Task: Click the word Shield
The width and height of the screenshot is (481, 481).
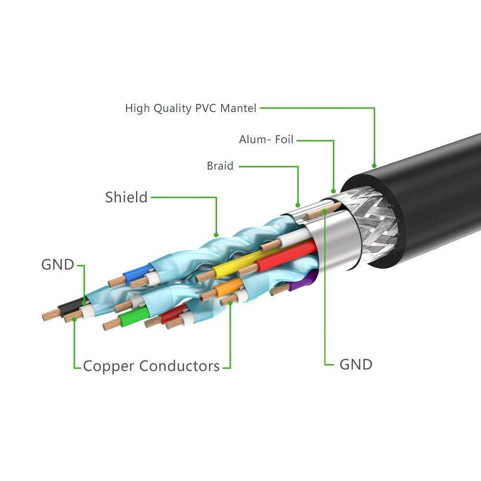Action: (x=126, y=197)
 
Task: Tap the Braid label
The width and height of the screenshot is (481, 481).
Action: (x=220, y=166)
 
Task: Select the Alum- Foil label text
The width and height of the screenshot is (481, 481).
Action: (x=266, y=140)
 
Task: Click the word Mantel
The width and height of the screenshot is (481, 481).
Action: (x=239, y=108)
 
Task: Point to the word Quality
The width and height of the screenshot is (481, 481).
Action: (x=173, y=108)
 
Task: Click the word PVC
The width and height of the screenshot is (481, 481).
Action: (x=206, y=108)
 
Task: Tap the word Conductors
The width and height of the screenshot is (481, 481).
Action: (x=180, y=366)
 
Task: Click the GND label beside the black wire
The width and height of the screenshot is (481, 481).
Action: (x=58, y=265)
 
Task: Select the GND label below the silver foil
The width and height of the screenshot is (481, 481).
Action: (x=356, y=364)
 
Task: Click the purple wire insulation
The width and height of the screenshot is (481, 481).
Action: (x=310, y=278)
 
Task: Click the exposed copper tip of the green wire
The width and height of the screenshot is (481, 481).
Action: (x=110, y=324)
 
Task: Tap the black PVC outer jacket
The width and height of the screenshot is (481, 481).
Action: (x=432, y=192)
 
